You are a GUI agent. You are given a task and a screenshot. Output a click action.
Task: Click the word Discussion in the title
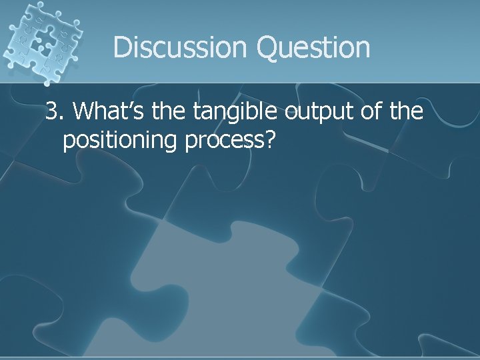(x=179, y=47)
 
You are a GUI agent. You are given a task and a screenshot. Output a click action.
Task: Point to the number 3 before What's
(x=51, y=112)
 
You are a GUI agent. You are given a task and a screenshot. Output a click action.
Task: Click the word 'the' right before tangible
(x=169, y=112)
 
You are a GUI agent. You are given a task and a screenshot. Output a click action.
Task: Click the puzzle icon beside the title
(x=41, y=41)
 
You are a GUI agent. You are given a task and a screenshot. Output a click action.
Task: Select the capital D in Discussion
(x=123, y=47)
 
